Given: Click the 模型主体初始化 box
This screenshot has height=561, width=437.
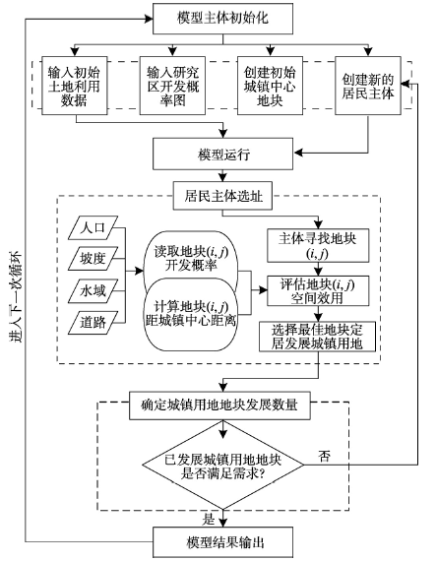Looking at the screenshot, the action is (222, 19).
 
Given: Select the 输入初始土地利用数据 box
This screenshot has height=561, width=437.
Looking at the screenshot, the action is (75, 86).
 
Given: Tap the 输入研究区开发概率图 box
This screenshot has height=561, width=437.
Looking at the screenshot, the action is (172, 86).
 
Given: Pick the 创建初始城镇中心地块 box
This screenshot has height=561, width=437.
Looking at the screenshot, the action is (270, 86).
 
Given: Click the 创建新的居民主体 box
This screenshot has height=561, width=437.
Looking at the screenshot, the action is (368, 86).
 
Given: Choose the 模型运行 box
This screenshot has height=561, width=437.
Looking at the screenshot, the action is (222, 155).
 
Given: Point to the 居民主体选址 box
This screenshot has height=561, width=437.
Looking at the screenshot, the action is (222, 196).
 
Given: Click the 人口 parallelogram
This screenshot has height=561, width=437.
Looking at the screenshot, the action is (93, 227).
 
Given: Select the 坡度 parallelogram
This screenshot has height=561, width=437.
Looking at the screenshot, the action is (93, 258).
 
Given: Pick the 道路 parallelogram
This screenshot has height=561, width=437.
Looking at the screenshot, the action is (93, 323).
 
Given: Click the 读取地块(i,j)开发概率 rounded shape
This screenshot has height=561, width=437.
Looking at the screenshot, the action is (191, 260).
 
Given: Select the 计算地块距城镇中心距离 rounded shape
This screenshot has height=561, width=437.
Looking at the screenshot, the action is (191, 314).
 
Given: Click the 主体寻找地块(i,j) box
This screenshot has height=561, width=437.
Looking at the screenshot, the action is (318, 245).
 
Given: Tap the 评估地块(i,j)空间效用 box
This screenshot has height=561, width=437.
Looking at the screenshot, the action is (318, 291).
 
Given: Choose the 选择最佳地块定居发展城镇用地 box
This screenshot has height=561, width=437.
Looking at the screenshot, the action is (317, 337).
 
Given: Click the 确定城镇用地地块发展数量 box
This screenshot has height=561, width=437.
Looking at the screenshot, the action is (219, 405).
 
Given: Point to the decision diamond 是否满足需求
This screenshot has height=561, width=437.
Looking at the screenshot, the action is (223, 465).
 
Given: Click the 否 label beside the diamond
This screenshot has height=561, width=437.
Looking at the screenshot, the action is (324, 456).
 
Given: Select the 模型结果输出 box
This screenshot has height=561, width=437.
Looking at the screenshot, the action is (222, 542).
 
